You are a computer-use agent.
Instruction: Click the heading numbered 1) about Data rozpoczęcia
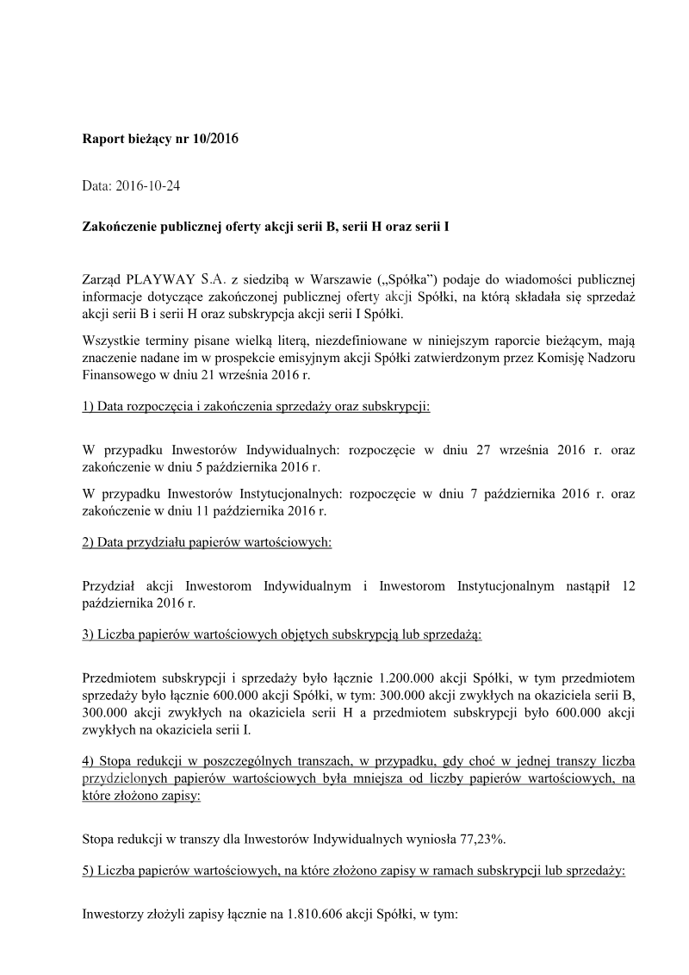(x=256, y=406)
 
